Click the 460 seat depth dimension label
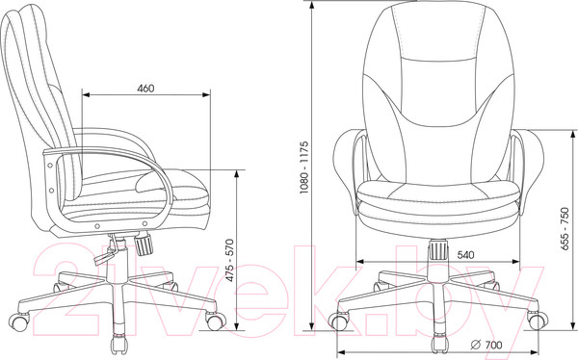click(145, 89)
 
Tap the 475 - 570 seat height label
click(229, 261)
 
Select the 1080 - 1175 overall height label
click(303, 167)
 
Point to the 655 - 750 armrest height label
click(565, 229)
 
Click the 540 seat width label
click(465, 255)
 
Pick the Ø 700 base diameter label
click(486, 345)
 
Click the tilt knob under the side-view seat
click(144, 244)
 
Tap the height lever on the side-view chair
click(106, 252)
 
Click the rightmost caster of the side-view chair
click(216, 321)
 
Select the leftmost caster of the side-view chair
click(19, 321)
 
